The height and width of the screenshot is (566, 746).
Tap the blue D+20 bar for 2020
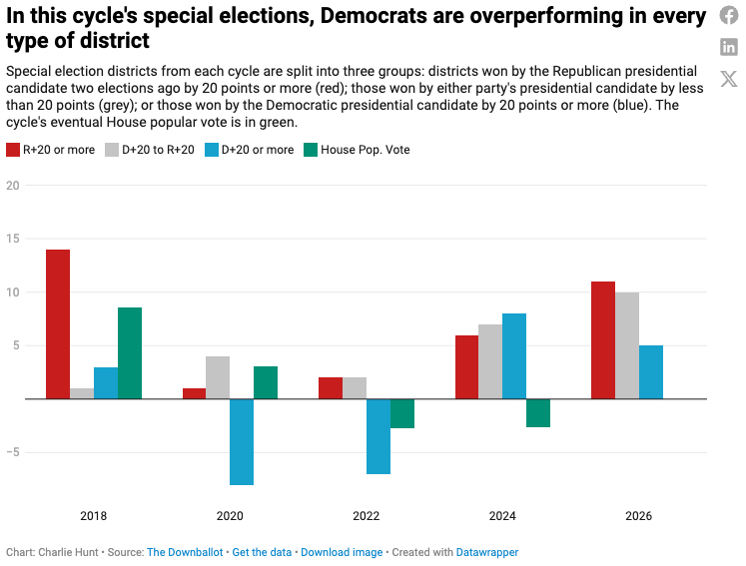coord(242,441)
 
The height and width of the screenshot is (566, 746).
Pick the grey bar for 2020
coord(218,377)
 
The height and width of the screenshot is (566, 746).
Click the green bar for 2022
coord(402,413)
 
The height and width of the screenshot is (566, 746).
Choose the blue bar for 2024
coord(514,356)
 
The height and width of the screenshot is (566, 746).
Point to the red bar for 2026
coord(603,339)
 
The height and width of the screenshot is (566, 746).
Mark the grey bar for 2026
coord(627,345)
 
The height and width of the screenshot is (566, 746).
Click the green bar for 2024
coord(538,413)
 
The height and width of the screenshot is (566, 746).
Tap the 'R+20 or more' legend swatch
coord(13,150)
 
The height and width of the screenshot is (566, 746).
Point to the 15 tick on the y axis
coord(13,239)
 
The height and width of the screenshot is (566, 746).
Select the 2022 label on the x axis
coord(367,516)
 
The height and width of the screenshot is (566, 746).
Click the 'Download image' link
coord(342,552)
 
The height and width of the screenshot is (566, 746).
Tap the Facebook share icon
coord(729,16)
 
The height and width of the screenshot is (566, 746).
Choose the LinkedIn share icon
coord(729,47)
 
